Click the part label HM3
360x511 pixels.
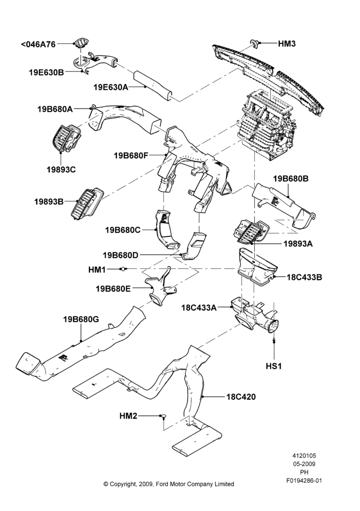[287, 43]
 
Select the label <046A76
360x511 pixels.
[38, 44]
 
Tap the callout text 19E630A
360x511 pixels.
[111, 87]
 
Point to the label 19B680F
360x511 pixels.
[131, 155]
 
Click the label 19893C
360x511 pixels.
[61, 170]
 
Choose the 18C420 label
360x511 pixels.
[241, 397]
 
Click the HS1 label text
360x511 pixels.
[274, 366]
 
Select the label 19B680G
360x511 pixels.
[81, 319]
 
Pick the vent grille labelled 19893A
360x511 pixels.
[250, 231]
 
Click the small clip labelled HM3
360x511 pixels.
[254, 43]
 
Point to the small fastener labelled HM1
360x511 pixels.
[123, 269]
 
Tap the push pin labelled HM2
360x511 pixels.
[163, 416]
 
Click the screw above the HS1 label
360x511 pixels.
[274, 340]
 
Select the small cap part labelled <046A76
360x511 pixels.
[80, 43]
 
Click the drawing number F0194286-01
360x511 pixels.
[304, 480]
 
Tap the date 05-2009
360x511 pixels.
[304, 464]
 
